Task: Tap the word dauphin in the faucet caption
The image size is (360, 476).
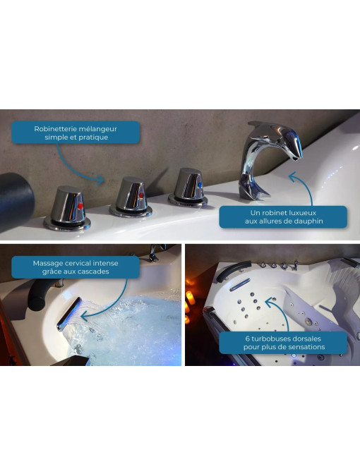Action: coord(309,221)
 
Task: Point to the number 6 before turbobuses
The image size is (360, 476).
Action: coord(247,338)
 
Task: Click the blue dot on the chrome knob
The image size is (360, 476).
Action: coord(200,185)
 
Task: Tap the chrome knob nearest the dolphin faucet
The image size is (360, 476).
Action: coord(188,188)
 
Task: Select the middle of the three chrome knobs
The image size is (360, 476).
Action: coord(131,197)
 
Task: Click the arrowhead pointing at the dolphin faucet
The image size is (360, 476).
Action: coord(292,177)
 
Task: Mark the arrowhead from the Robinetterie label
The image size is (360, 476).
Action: coord(100,180)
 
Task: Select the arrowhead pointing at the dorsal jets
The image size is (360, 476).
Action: coord(270,302)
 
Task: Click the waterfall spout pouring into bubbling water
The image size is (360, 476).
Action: coord(69,313)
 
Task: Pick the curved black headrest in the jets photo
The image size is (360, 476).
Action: coord(233,269)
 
